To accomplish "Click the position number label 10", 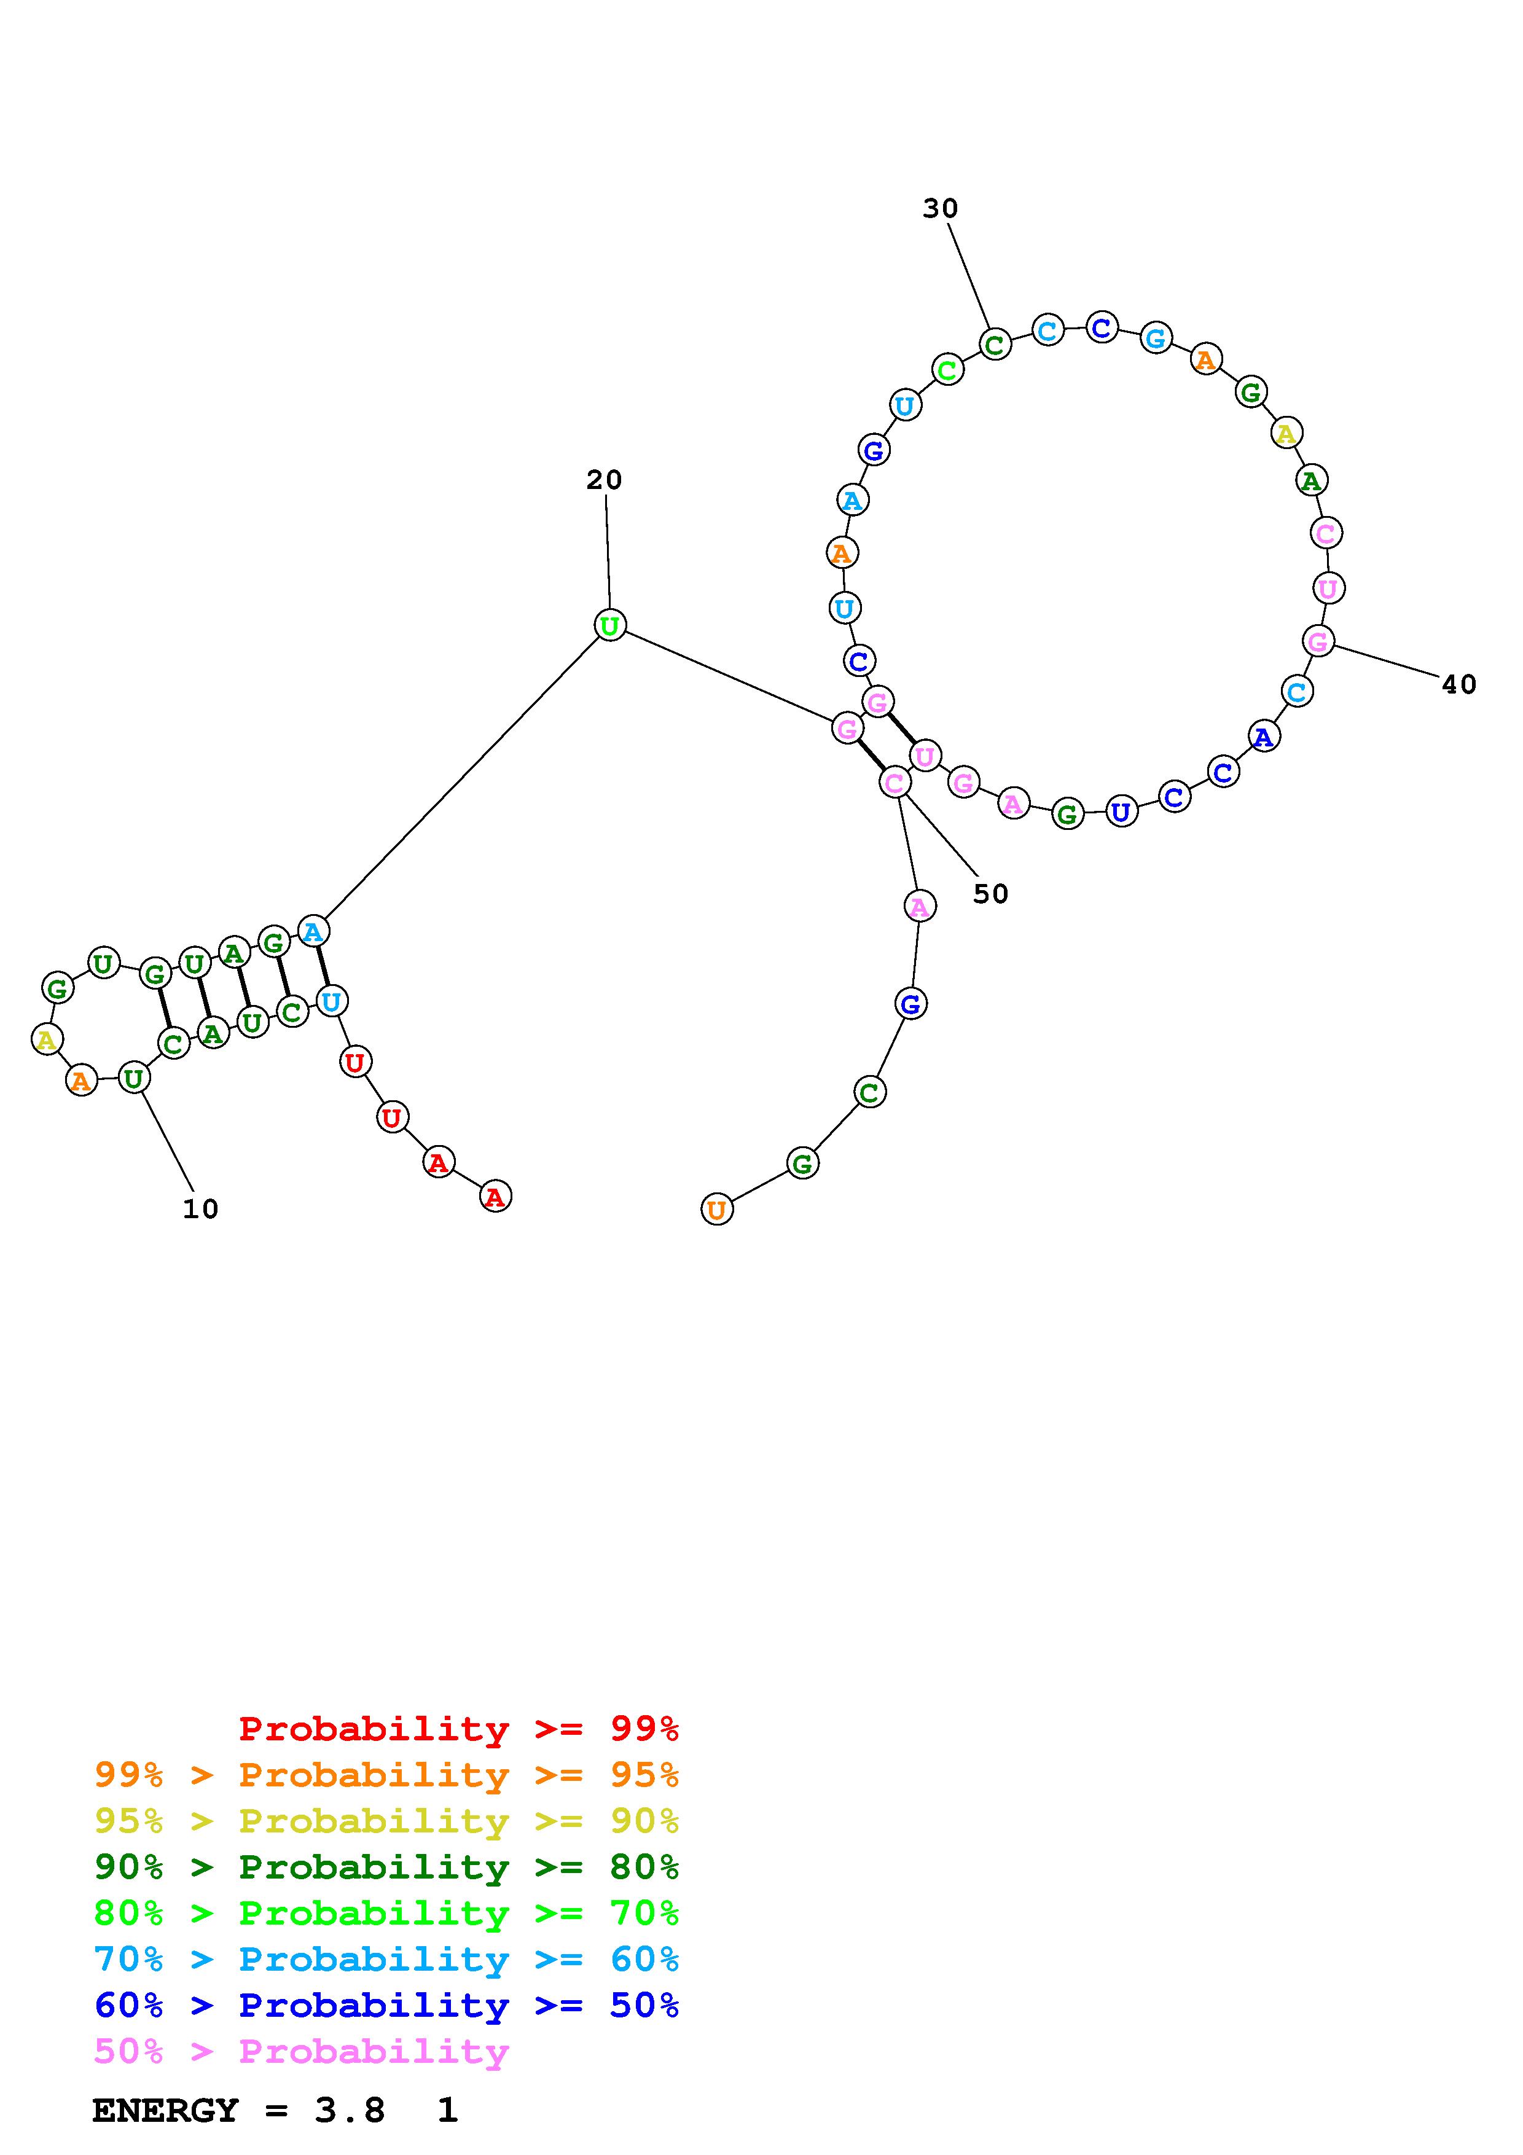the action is pos(200,1209).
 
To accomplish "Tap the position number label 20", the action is pos(605,480).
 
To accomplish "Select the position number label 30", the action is pos(940,208).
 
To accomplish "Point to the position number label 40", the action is pos(1459,685).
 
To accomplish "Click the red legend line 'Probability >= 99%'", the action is pos(459,1729).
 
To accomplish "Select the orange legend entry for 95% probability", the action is pos(386,1775).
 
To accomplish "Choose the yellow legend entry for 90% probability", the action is pos(386,1821).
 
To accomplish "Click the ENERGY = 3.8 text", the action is pos(239,2111).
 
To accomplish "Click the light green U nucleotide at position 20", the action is pos(610,625).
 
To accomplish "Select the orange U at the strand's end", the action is pos(717,1210).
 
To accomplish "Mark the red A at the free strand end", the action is pos(495,1197).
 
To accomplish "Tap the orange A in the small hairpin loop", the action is pos(82,1081).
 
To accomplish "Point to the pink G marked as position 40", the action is pos(1318,642).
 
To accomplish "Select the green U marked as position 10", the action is pos(134,1079).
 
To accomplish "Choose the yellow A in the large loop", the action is pos(1286,434).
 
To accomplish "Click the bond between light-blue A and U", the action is pos(322,966).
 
